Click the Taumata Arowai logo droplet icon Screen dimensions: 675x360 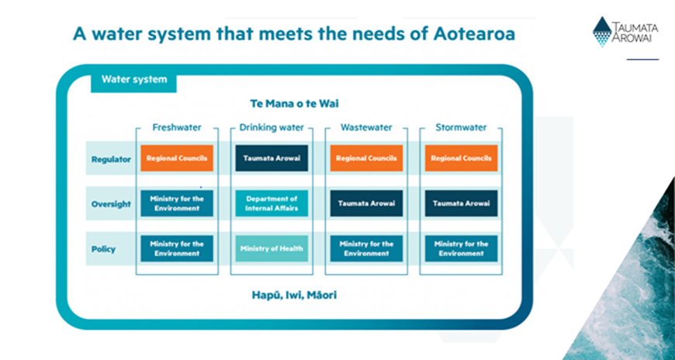[x=602, y=32]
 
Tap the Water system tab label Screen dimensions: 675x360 [x=134, y=79]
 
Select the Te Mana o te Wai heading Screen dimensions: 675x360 [x=295, y=104]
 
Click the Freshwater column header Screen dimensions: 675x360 [x=177, y=127]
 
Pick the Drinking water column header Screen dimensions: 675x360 [x=272, y=127]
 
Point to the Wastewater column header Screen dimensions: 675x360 [x=366, y=127]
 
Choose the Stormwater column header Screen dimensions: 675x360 [x=461, y=127]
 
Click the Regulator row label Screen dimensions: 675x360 [x=111, y=159]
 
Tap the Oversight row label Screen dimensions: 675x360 [x=111, y=204]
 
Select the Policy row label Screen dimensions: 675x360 [x=103, y=249]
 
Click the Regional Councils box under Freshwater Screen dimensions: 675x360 [x=177, y=158]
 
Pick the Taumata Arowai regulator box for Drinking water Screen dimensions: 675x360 [x=272, y=158]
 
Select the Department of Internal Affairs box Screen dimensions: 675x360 [x=272, y=203]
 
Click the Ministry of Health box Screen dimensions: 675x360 [x=272, y=248]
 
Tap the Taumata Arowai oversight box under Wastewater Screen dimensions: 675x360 [x=366, y=203]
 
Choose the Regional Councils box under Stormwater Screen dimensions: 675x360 [x=461, y=158]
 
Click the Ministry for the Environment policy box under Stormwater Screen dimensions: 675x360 [x=461, y=248]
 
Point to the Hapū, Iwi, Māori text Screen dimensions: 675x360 [x=294, y=296]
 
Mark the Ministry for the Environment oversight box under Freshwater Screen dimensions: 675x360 [x=177, y=203]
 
